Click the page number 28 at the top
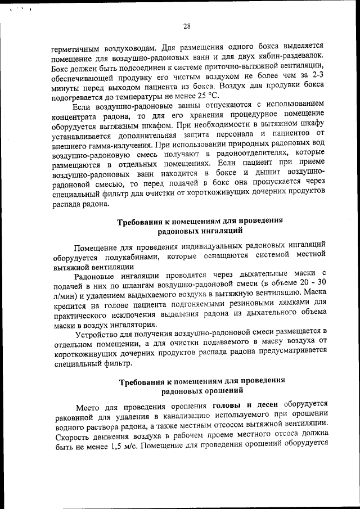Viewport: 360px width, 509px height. [x=187, y=25]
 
